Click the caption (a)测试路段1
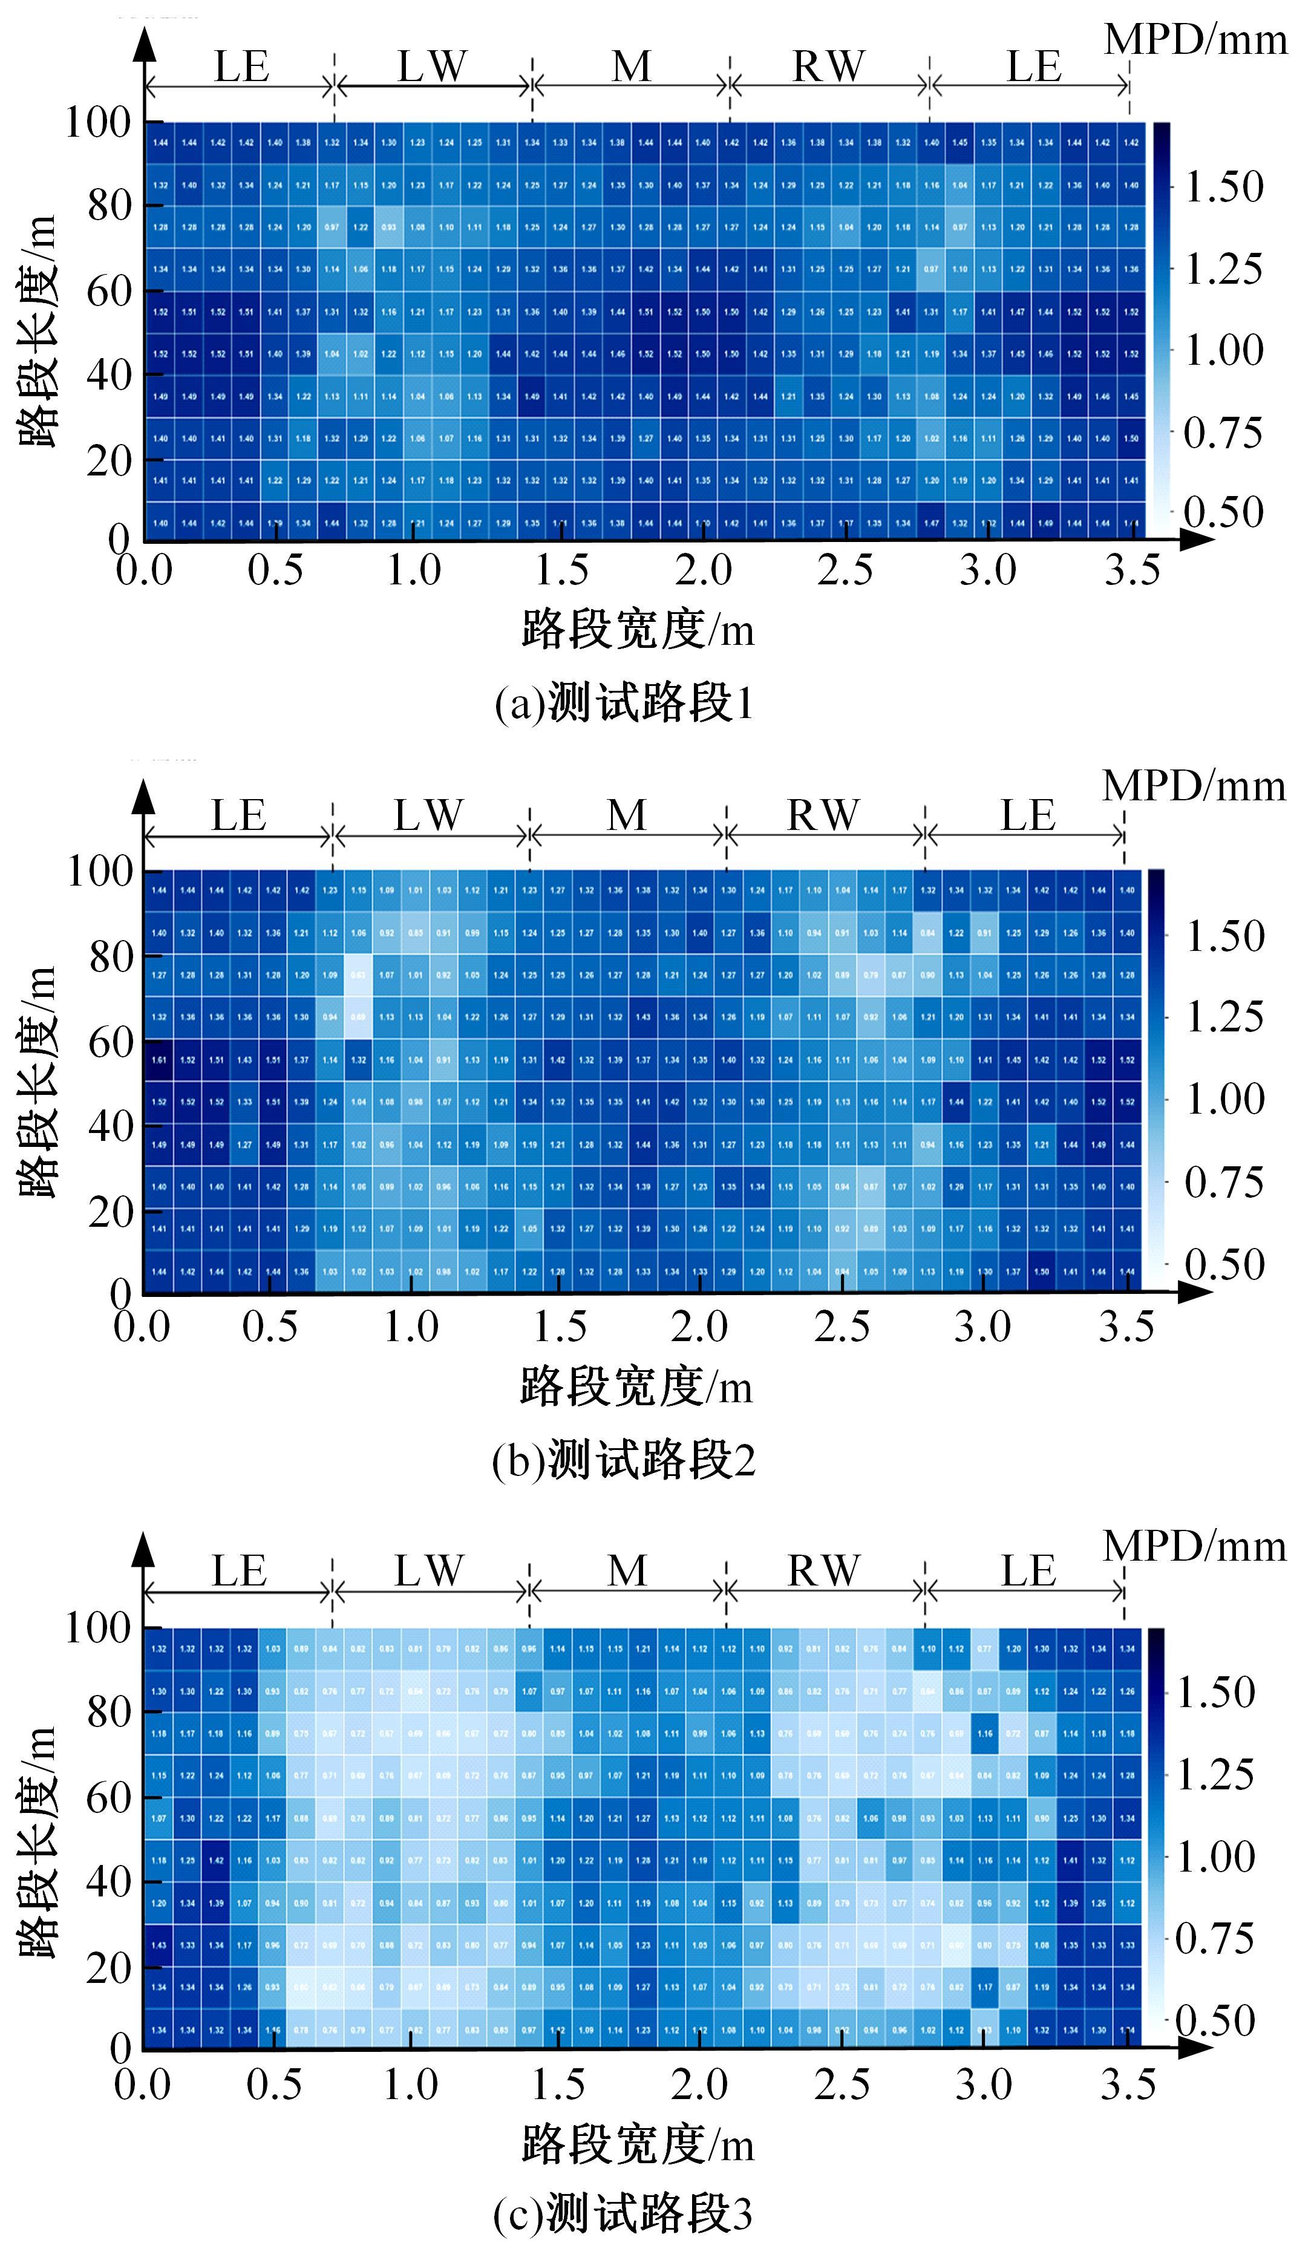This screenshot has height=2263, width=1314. pyautogui.click(x=623, y=703)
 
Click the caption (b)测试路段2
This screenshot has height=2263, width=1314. pyautogui.click(x=623, y=1459)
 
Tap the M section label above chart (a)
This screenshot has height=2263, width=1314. pyautogui.click(x=632, y=67)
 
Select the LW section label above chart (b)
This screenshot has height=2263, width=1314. pyautogui.click(x=428, y=815)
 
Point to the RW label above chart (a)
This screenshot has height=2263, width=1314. pyautogui.click(x=828, y=67)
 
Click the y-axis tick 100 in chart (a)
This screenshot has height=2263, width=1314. pyautogui.click(x=98, y=122)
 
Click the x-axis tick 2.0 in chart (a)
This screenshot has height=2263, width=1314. pyautogui.click(x=703, y=570)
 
